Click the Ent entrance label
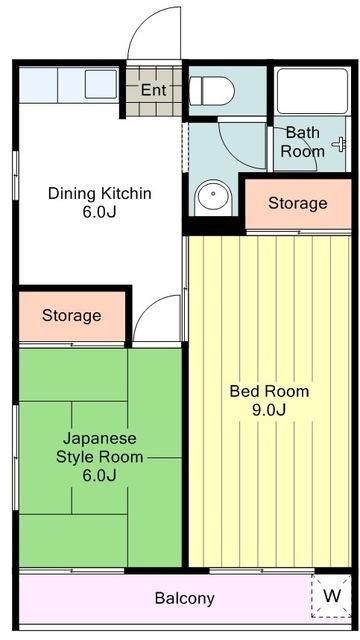153,90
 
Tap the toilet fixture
211,92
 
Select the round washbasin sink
212,197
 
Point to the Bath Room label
302,142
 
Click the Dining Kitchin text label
100,193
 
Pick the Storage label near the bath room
297,204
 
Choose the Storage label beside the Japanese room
71,316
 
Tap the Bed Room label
269,391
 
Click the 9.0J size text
269,411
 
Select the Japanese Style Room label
100,448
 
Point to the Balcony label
184,599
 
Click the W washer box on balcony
331,596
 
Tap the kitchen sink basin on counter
101,84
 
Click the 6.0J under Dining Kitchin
100,212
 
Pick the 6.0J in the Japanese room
100,475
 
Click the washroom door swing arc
238,145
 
